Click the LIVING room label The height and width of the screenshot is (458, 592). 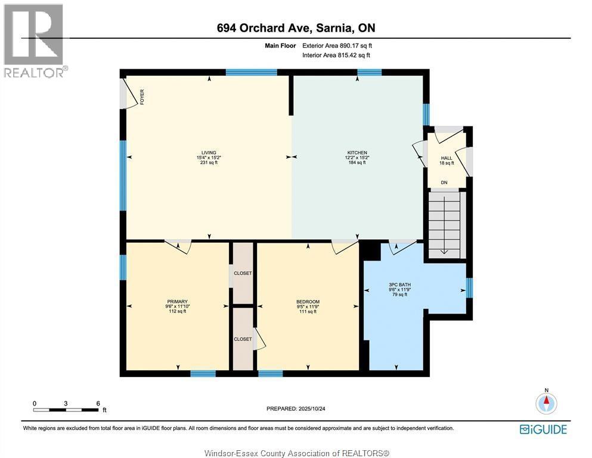pyautogui.click(x=208, y=152)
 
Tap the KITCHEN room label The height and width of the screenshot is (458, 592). pyautogui.click(x=358, y=152)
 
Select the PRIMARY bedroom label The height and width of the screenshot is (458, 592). pyautogui.click(x=178, y=301)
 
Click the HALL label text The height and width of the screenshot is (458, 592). pyautogui.click(x=447, y=158)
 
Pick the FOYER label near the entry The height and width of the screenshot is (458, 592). pyautogui.click(x=142, y=97)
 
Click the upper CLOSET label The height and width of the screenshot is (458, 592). pyautogui.click(x=243, y=273)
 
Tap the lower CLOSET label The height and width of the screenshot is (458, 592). pyautogui.click(x=243, y=339)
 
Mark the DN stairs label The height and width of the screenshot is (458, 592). pyautogui.click(x=444, y=182)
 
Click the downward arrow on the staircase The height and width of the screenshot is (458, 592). pyautogui.click(x=444, y=250)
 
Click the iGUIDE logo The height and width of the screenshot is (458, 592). pyautogui.click(x=543, y=429)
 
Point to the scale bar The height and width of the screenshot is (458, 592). pyautogui.click(x=66, y=409)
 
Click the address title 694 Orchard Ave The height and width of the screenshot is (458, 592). pyautogui.click(x=296, y=28)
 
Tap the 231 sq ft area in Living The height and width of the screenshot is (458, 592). pyautogui.click(x=208, y=162)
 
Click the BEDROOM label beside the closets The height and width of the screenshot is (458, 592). pyautogui.click(x=308, y=301)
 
